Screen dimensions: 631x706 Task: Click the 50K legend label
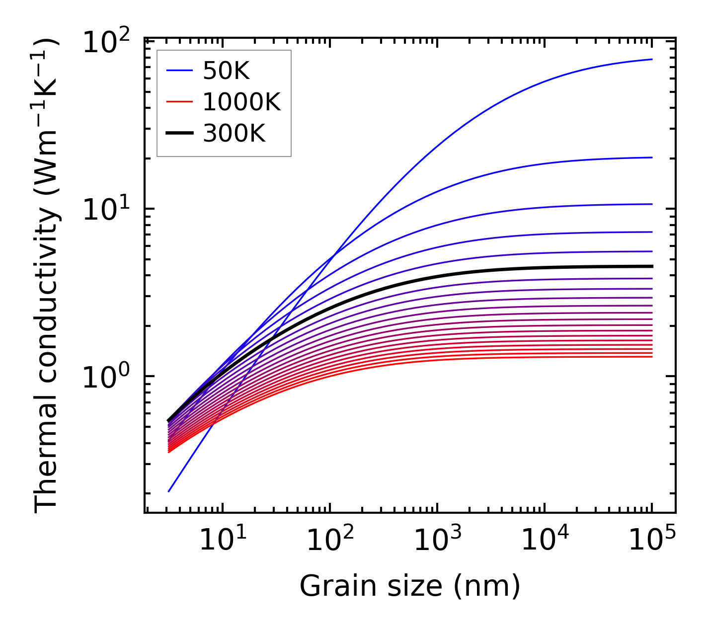click(226, 72)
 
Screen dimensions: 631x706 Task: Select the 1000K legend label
click(241, 102)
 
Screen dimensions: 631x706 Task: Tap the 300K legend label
click(234, 133)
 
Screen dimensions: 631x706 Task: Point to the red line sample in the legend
click(179, 102)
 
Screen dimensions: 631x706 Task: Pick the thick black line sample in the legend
click(179, 133)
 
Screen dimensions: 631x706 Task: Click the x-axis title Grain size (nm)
click(410, 586)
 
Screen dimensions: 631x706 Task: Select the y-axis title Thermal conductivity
click(47, 276)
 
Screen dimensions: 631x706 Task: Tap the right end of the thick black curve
click(651, 266)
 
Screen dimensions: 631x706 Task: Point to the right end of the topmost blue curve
click(651, 59)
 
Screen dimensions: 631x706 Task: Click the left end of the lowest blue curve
click(169, 491)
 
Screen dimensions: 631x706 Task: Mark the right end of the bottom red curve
click(651, 357)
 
